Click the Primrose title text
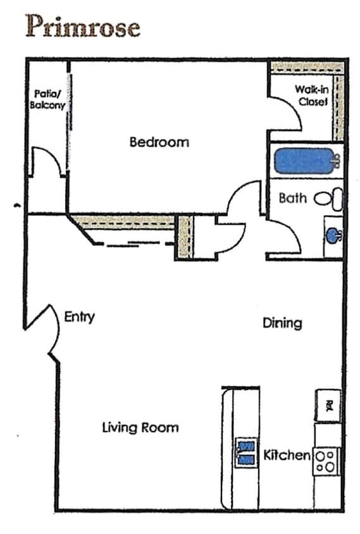(82, 27)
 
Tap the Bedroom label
(159, 142)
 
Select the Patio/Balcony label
(47, 100)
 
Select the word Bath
(292, 198)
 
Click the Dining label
(282, 323)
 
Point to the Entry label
(79, 316)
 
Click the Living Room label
(140, 427)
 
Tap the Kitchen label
(287, 455)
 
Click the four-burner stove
(327, 461)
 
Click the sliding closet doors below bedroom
(133, 242)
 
